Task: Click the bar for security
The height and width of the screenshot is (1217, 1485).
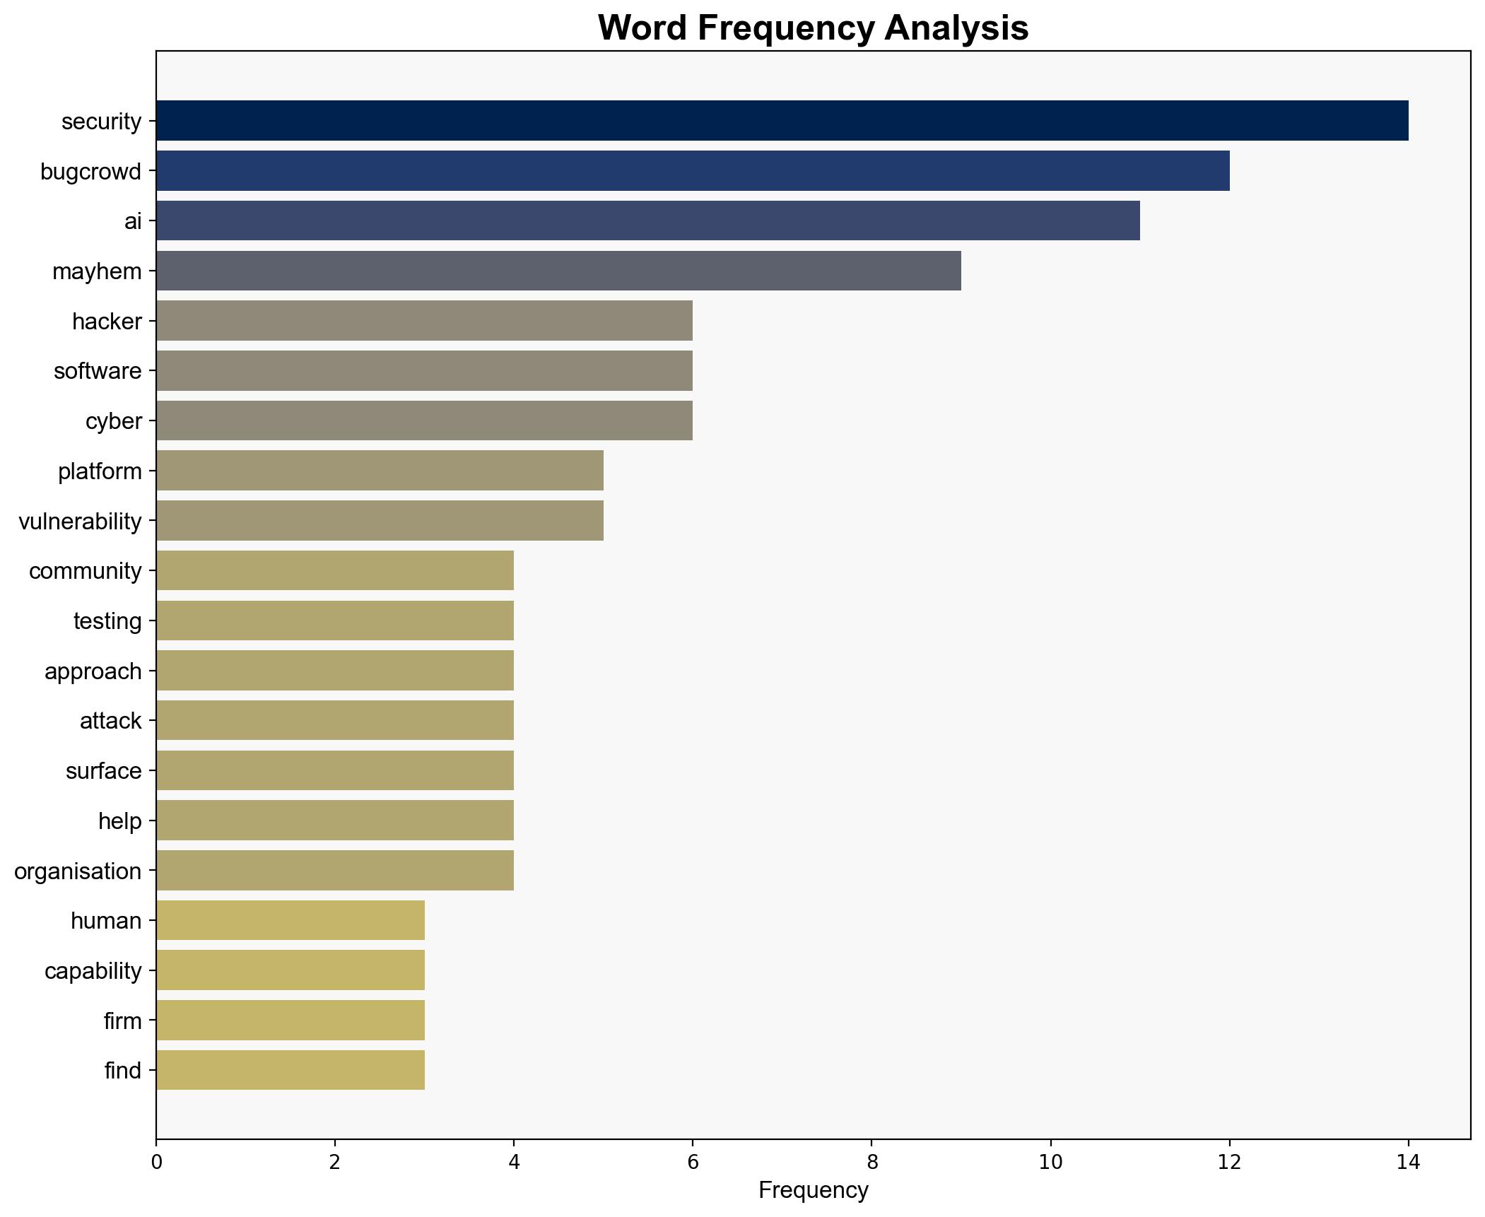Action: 782,121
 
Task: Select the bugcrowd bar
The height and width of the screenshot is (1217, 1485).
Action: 693,171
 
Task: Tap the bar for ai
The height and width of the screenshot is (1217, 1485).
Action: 647,221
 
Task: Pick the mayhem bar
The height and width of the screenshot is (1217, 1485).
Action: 558,271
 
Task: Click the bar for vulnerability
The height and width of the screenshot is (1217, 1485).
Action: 380,521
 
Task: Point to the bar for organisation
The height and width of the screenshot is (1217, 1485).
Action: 334,871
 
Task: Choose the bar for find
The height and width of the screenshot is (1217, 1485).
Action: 290,1071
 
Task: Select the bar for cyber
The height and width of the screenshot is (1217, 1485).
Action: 424,421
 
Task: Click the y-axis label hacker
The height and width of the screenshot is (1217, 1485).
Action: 107,322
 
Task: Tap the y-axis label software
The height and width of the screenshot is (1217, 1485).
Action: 98,371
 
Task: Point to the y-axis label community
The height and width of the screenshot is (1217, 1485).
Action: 85,571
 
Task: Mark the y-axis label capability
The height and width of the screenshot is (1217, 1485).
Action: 93,971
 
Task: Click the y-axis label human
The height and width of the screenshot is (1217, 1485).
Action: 106,921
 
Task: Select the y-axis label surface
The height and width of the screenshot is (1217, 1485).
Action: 103,771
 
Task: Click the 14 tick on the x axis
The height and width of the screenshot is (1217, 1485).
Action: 1408,1162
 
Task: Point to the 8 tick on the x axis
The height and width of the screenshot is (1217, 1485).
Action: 871,1162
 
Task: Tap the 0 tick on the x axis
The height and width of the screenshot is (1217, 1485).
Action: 156,1162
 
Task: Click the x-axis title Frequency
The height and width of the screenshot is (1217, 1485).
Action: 813,1191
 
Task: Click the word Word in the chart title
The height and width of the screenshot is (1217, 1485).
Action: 642,28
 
